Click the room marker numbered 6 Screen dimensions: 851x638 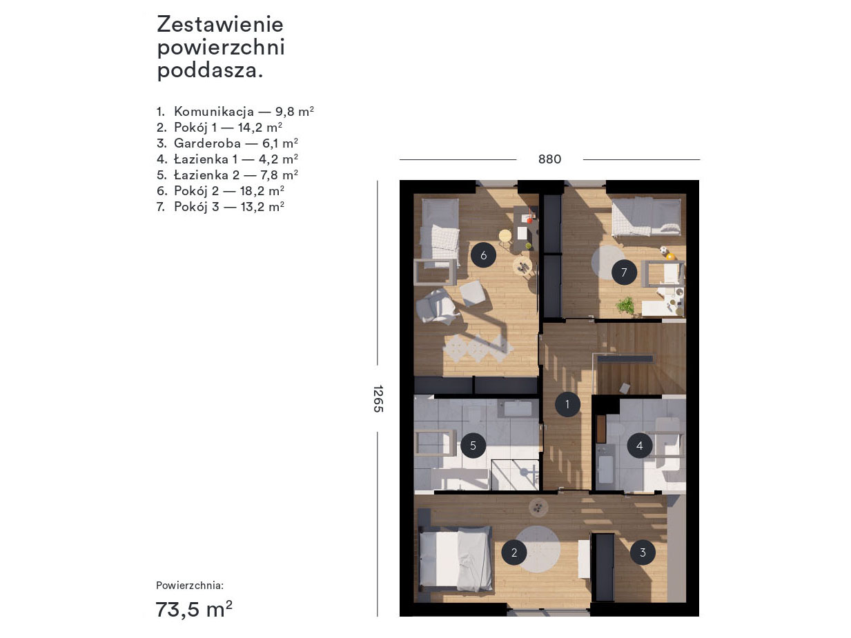(483, 255)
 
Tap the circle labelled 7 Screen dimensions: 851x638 (624, 272)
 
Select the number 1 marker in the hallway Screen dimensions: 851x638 (567, 404)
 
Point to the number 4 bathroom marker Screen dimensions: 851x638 (639, 446)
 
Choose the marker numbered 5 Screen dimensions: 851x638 (473, 446)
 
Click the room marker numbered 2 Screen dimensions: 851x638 (514, 552)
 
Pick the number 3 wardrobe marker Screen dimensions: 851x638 (643, 552)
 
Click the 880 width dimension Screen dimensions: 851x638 (549, 159)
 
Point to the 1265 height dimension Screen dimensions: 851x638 (378, 399)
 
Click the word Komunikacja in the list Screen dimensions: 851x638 (214, 112)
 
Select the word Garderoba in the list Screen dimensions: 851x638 (208, 143)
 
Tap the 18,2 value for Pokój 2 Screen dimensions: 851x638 (253, 191)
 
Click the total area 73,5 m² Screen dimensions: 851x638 (194, 609)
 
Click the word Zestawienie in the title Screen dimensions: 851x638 (220, 24)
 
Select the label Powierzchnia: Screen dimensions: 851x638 (190, 586)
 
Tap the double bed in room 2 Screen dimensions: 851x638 (456, 558)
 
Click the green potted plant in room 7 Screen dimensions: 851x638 (625, 306)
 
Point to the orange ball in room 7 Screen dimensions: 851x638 (670, 257)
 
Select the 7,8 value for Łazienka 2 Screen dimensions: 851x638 (269, 175)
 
